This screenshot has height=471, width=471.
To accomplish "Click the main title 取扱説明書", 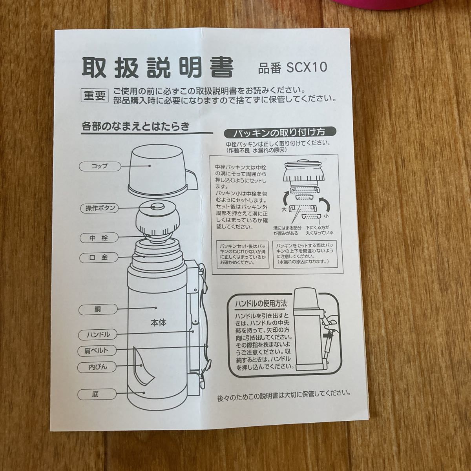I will tap(157, 68).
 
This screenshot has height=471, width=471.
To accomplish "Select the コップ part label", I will tap(99, 166).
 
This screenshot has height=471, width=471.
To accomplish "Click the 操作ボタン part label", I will tap(99, 208).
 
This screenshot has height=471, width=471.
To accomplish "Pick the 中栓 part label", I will tap(99, 238).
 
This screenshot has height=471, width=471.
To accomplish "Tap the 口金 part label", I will tap(99, 258).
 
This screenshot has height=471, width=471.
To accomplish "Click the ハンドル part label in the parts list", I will tap(99, 335).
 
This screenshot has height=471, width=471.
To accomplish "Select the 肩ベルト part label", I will tap(99, 350).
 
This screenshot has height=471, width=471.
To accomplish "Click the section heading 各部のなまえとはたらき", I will tap(135, 126).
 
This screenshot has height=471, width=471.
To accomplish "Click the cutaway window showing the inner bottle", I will tap(142, 367).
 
